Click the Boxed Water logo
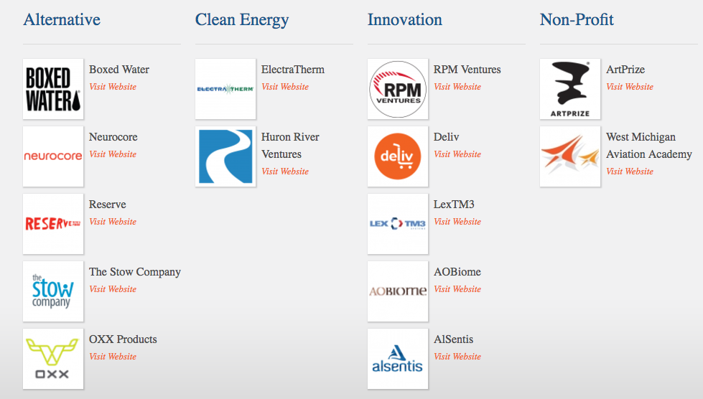point(53,89)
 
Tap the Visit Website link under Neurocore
point(113,154)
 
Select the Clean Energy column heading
point(242,20)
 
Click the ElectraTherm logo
point(225,89)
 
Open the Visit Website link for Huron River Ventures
point(285,171)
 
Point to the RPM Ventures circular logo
point(398,89)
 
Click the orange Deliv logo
point(398,156)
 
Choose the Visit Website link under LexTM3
point(457,222)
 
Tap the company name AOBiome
point(457,272)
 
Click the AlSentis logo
point(398,359)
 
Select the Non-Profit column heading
point(577,19)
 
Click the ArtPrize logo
point(570,89)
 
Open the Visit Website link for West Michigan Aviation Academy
point(630,171)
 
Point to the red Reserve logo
point(53,223)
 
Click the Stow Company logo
point(53,291)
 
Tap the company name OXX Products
point(123,339)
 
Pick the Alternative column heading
point(62,19)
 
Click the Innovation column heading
point(405,19)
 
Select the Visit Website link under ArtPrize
point(630,86)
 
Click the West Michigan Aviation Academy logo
point(570,156)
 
